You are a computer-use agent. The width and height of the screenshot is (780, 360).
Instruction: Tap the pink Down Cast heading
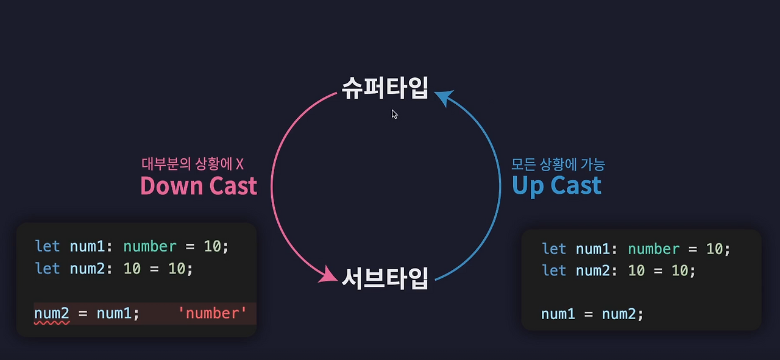pos(199,186)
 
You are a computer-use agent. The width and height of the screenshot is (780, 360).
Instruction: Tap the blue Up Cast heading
pos(556,186)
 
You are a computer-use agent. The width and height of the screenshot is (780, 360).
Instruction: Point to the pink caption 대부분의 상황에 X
pos(193,164)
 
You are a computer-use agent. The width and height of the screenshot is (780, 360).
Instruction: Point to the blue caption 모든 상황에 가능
pos(558,164)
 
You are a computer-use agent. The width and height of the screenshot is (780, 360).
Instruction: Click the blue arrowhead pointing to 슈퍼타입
pos(444,98)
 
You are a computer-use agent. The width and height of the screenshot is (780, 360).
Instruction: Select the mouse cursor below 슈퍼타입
pos(395,114)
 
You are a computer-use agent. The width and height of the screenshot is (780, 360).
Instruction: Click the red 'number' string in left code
pos(213,313)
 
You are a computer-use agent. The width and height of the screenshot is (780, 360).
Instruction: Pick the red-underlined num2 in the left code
pos(52,313)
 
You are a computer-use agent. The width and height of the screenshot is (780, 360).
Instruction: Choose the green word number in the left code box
pos(150,246)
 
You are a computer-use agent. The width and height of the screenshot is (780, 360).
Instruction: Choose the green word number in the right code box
pos(653,249)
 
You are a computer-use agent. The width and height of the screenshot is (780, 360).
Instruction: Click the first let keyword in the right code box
pos(554,249)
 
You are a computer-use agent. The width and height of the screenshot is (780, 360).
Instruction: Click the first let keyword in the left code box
pos(48,246)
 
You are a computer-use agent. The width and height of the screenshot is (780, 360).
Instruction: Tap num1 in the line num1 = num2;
pos(559,314)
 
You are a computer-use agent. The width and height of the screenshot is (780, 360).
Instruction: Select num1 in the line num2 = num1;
pos(114,313)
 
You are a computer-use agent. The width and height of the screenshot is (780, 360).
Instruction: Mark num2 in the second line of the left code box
pos(88,268)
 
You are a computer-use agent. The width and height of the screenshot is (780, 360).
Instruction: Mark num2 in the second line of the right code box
pos(593,270)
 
